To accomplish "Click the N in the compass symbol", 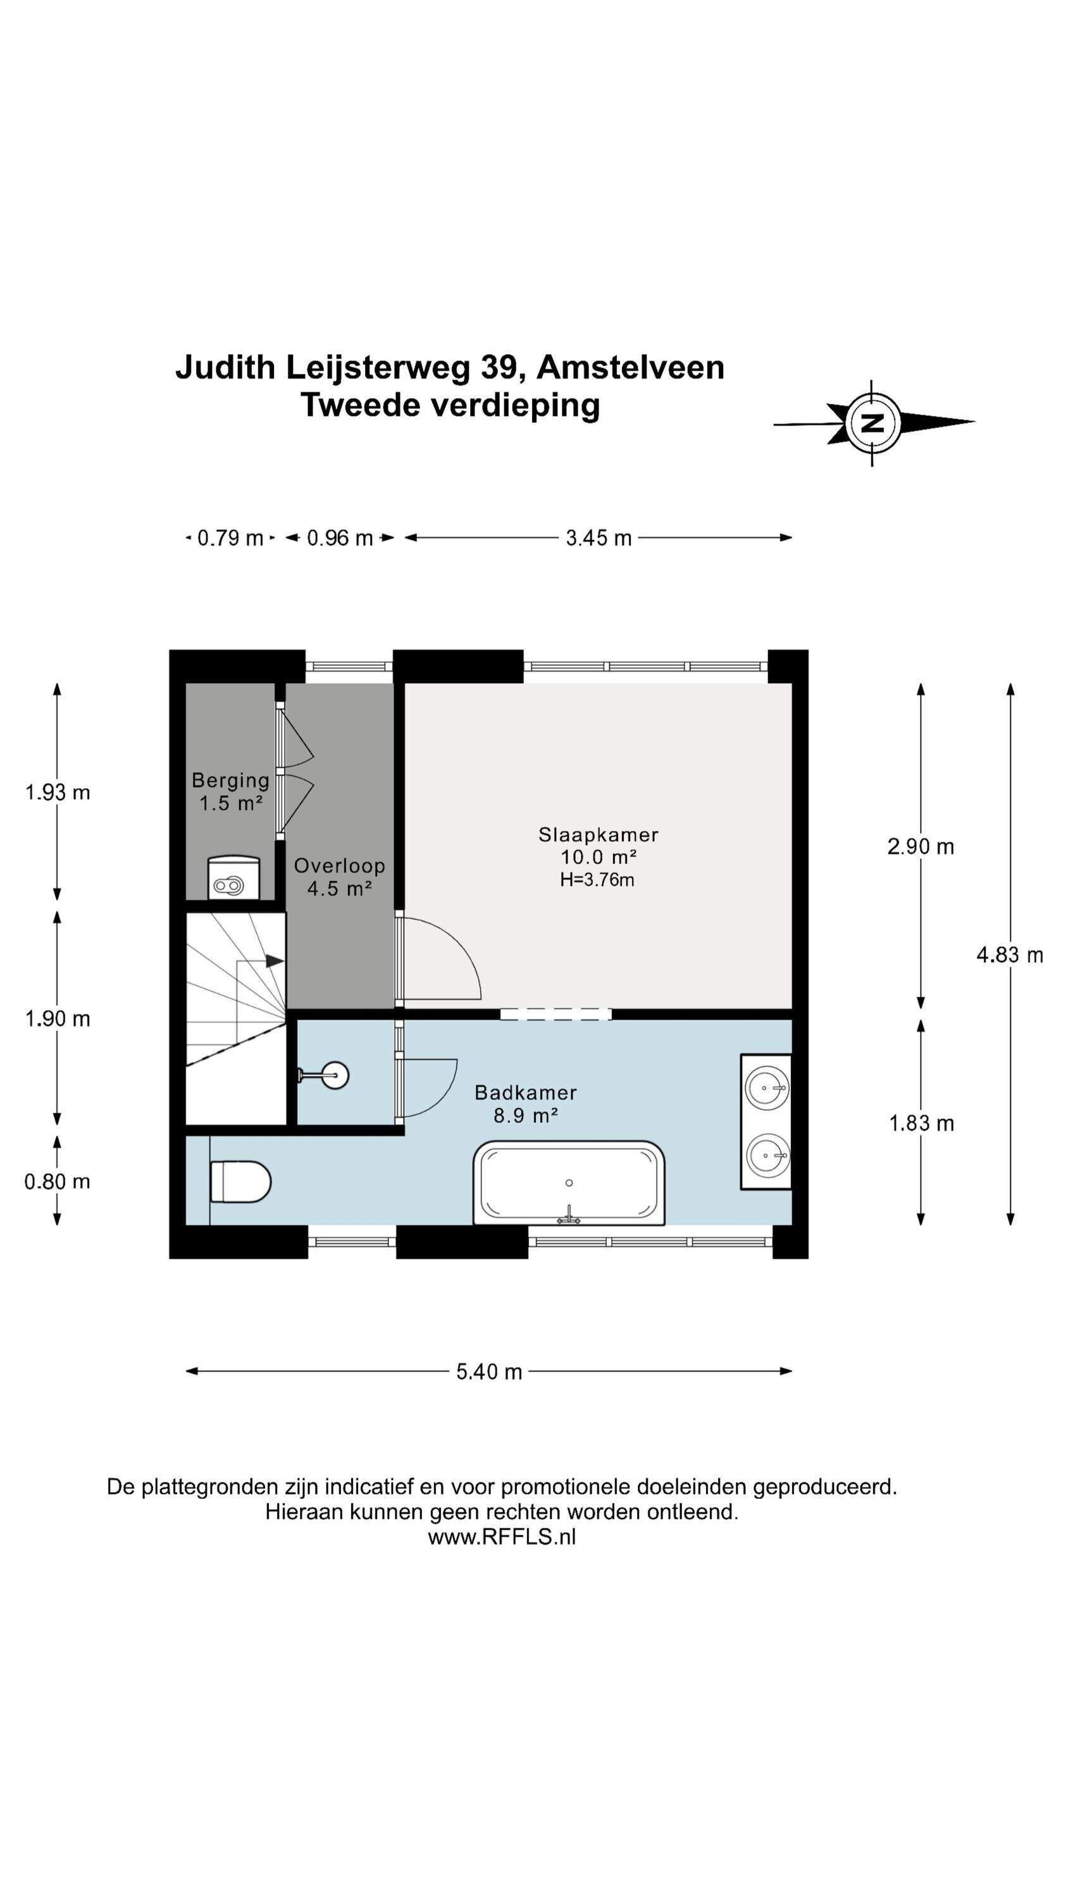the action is click(872, 423).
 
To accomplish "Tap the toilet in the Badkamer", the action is click(240, 1182).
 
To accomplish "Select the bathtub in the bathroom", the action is click(568, 1183).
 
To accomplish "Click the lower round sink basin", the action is click(767, 1155).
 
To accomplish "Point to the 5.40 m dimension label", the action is click(488, 1372).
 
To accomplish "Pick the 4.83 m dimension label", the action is click(1010, 955).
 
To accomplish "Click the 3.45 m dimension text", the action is click(599, 538).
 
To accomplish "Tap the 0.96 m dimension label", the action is click(340, 538).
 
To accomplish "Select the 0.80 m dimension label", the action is click(58, 1182).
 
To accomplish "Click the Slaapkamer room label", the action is click(598, 834).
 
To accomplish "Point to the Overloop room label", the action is click(339, 865).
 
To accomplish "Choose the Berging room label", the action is click(231, 780).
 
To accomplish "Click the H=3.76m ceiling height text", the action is click(597, 879).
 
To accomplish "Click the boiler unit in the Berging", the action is click(233, 877).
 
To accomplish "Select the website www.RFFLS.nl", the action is click(502, 1536).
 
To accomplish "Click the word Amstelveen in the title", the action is click(630, 367).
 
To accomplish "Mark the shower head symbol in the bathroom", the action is click(325, 1075).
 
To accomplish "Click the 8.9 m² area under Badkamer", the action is click(526, 1115).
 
